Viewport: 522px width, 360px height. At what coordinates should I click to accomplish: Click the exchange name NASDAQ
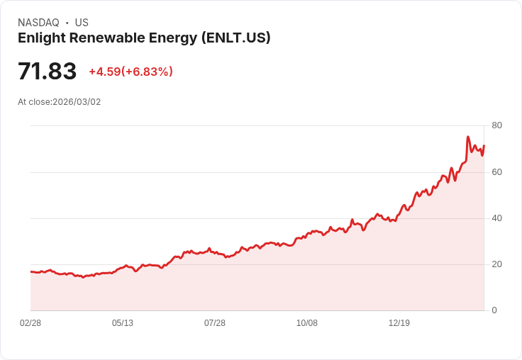38,23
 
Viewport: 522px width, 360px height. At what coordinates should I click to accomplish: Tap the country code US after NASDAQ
82,23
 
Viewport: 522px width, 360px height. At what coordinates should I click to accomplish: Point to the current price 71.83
47,72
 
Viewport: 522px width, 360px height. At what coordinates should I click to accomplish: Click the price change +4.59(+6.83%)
130,72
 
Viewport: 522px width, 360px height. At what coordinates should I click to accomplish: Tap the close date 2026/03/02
77,102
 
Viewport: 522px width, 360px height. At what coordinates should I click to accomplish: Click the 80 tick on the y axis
496,126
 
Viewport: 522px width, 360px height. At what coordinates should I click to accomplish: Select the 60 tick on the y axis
496,172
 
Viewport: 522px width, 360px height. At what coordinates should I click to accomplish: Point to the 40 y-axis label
496,218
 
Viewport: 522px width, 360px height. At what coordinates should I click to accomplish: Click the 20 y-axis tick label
496,264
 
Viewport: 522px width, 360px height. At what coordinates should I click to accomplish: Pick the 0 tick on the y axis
494,310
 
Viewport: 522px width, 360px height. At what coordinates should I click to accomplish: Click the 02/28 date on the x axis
30,323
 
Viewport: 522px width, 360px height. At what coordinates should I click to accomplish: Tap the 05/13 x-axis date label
123,323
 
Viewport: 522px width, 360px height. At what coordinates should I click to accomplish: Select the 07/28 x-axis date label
215,323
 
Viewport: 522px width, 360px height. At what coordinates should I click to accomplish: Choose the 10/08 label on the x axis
307,323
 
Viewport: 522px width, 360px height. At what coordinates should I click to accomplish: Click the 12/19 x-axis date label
399,323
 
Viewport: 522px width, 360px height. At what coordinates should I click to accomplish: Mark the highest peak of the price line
468,137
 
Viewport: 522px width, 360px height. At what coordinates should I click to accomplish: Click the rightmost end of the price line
484,145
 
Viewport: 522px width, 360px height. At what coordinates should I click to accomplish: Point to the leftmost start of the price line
30,271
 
